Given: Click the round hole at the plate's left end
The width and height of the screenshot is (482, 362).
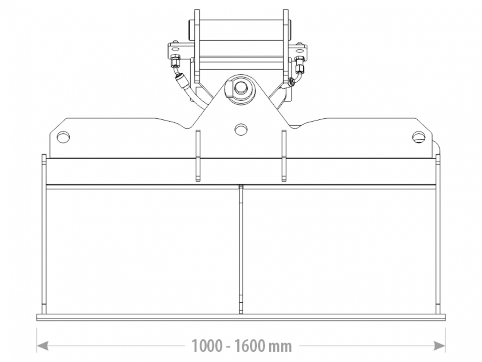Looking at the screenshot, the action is coord(63,137).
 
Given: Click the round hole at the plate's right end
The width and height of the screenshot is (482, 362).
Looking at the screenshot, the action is coord(419,137).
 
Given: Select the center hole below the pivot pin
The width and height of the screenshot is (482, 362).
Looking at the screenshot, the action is coord(241,129).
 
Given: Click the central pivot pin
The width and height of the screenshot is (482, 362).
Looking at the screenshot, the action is coord(241,87).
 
